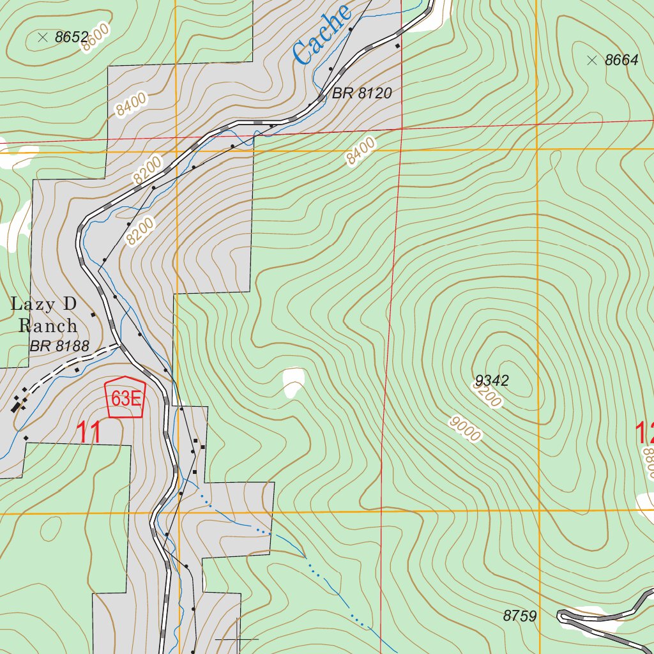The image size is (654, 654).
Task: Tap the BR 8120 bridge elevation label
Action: (x=361, y=93)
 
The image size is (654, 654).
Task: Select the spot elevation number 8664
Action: (x=621, y=61)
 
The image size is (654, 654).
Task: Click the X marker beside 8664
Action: (x=591, y=61)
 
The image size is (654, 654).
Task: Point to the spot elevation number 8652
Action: (x=71, y=38)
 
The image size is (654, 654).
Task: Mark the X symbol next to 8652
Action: (x=43, y=38)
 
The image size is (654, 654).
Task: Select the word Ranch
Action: (x=48, y=326)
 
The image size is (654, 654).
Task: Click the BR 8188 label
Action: (x=59, y=347)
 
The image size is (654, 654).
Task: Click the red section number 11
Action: (x=89, y=433)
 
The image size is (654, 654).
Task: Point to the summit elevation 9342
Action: (x=491, y=381)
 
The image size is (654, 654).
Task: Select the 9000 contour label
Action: (x=464, y=429)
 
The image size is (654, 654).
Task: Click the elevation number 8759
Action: (x=519, y=616)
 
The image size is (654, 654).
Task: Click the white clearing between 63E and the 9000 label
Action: (x=293, y=381)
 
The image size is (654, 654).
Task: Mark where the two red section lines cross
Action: (x=400, y=128)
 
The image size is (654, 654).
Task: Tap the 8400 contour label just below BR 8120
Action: (x=361, y=152)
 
